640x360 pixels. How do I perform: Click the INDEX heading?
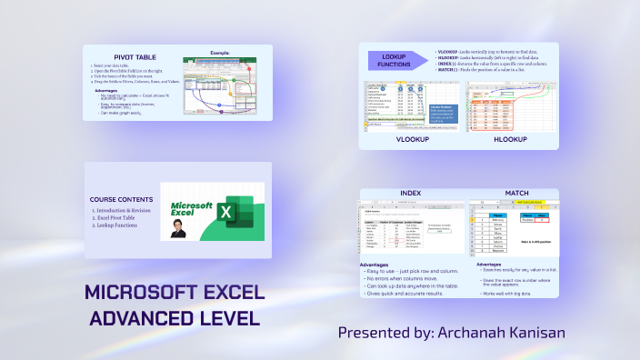[x=411, y=193]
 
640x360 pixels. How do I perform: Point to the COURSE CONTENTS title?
[x=122, y=198]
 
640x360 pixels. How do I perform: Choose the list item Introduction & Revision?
[x=127, y=211]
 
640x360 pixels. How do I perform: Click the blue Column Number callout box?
[x=443, y=115]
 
